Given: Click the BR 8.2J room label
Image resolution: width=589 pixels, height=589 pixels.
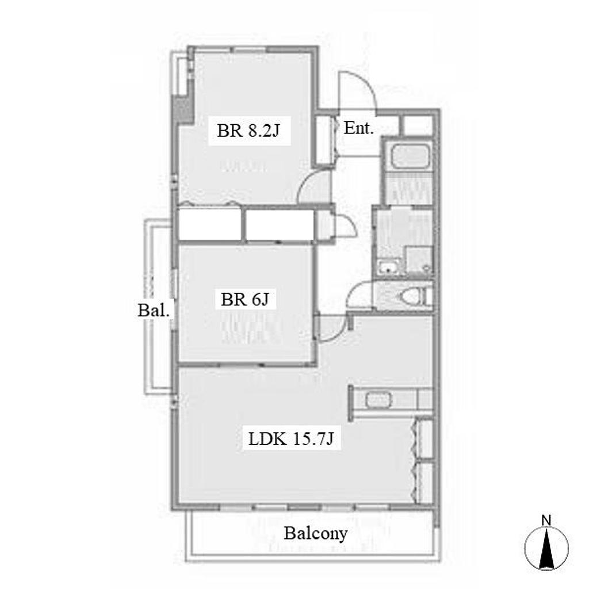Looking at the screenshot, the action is [248, 131].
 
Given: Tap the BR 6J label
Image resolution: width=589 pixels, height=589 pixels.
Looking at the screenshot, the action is [245, 299].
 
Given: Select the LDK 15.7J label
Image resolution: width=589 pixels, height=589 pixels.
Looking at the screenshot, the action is [291, 438].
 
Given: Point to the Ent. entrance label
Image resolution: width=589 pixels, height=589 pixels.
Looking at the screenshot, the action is [359, 128].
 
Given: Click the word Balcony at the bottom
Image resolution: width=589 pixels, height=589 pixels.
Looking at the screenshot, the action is [316, 533].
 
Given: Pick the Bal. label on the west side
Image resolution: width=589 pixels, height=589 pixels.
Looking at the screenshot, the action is [154, 310].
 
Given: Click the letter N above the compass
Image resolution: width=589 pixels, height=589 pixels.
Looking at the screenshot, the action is [546, 521].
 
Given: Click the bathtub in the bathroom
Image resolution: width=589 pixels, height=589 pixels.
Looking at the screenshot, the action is [410, 156].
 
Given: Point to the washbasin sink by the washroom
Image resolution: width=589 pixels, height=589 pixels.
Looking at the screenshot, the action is [387, 267].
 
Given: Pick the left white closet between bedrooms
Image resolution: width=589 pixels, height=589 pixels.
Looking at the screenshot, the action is [209, 224].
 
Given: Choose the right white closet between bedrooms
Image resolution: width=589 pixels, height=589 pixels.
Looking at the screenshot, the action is [280, 224].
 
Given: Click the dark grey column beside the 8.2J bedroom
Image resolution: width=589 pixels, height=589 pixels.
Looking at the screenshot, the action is [182, 108].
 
